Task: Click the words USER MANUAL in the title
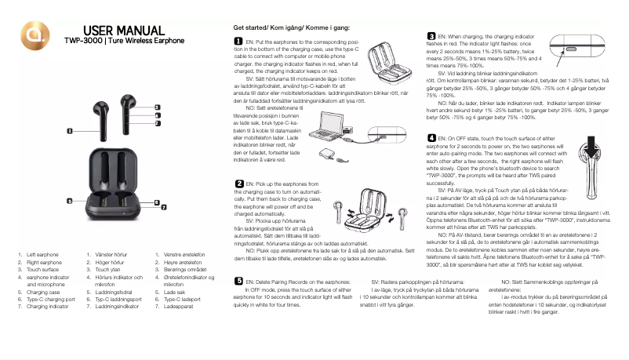click(x=123, y=30)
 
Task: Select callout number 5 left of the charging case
click(x=69, y=202)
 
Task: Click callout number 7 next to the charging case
click(x=164, y=208)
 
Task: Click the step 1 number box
click(x=238, y=40)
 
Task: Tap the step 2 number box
click(x=238, y=183)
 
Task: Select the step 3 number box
click(x=431, y=36)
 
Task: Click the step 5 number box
click(x=238, y=280)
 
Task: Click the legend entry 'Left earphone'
click(x=43, y=255)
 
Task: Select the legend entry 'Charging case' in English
click(x=43, y=291)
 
